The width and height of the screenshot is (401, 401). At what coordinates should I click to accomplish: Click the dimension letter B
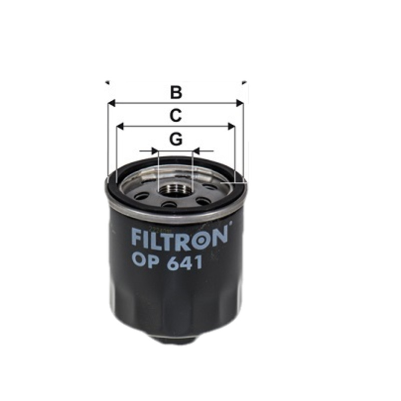[175, 92]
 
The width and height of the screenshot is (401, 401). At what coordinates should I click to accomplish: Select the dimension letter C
[175, 116]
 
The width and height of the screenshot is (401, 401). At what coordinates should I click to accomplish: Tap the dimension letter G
[175, 139]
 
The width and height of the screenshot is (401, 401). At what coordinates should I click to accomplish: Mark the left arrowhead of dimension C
[119, 126]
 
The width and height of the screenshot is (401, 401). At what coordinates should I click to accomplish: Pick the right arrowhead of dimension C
[232, 126]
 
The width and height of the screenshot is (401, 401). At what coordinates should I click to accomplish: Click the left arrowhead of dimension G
[155, 150]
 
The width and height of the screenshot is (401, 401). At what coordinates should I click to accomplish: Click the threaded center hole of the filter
[175, 190]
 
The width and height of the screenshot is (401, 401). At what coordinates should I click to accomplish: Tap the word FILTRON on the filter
[179, 238]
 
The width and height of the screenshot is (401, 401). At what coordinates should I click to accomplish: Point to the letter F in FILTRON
[136, 238]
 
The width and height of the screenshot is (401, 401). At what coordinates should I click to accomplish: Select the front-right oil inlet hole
[203, 201]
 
